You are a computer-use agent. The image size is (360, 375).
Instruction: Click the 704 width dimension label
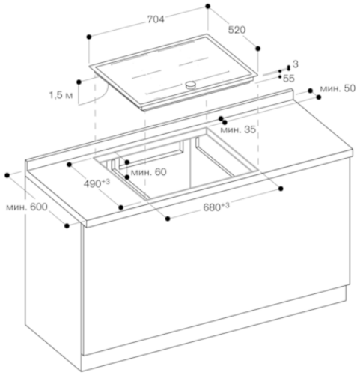coord(156,19)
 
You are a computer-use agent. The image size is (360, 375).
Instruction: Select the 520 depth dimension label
coord(237,30)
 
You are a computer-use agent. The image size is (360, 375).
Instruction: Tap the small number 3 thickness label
coord(296,64)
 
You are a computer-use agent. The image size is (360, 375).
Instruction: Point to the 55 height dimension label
coord(289,79)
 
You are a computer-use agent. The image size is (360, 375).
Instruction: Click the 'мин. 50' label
coord(338,88)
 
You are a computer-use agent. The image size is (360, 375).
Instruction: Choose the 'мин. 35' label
coord(238,129)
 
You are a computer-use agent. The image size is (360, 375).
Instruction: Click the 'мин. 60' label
coord(149,172)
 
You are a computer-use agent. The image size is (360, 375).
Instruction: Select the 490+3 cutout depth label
coord(97,183)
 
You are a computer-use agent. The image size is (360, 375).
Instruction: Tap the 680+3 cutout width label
coord(216,207)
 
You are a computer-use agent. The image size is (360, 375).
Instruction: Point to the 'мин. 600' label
coord(27,207)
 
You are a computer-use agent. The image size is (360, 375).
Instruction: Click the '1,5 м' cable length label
coord(61,95)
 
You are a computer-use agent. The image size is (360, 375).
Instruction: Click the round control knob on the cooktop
coord(191,85)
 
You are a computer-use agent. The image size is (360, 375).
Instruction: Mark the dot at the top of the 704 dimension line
coord(208,6)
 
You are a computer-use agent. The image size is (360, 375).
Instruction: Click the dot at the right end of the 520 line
coord(258,49)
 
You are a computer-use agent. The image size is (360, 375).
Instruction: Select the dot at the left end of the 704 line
coord(89,37)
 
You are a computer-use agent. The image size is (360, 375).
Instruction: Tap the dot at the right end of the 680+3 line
coord(281,189)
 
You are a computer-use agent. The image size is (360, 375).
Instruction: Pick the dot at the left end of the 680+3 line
coord(168,219)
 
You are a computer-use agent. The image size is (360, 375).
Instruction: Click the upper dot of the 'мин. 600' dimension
coord(7,175)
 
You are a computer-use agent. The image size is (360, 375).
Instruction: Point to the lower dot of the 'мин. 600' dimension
coord(67,226)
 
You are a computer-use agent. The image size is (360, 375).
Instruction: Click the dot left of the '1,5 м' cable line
coord(79,82)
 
